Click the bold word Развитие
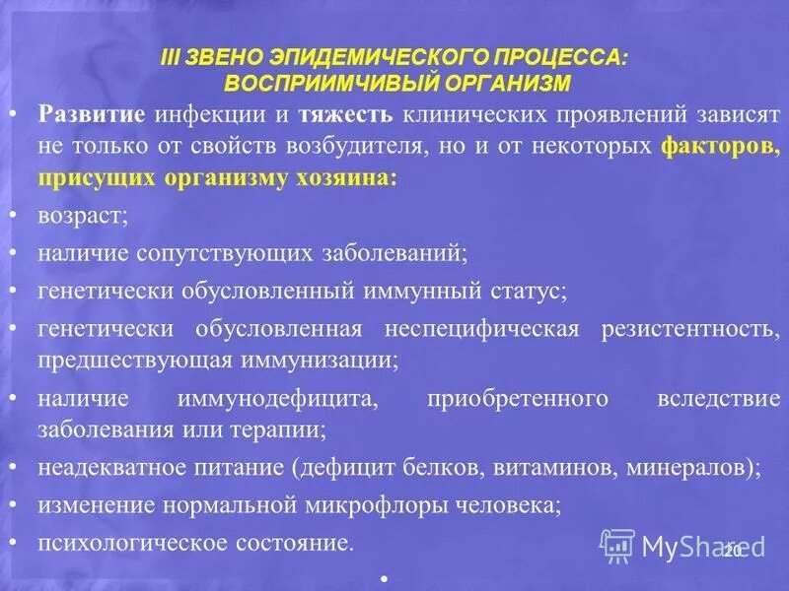(x=93, y=114)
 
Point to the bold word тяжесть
(x=349, y=114)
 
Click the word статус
(x=528, y=292)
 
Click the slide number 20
(x=731, y=551)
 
